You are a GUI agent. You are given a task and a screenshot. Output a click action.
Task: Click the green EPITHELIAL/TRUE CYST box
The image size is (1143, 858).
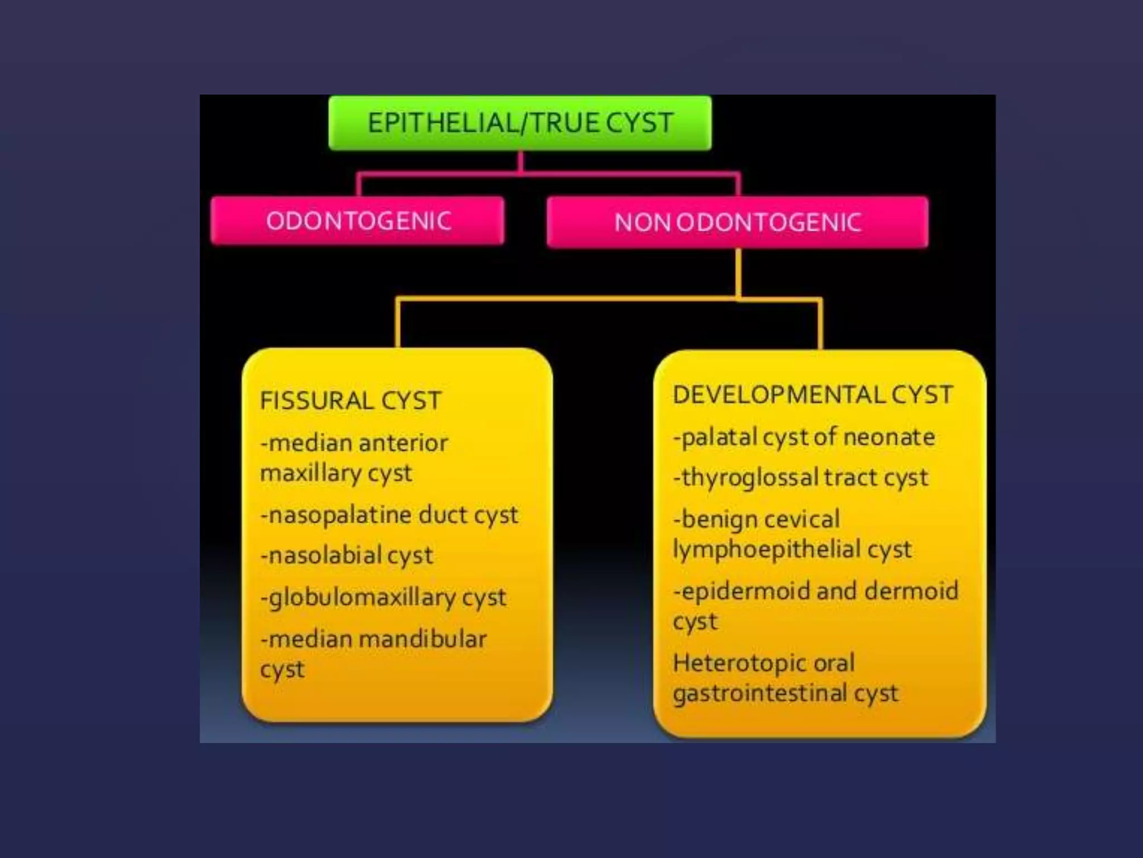520,123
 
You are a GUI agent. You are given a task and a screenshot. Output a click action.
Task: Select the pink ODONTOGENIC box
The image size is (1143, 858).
358,221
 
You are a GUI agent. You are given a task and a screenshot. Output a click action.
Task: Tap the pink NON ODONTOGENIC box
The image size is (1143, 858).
737,222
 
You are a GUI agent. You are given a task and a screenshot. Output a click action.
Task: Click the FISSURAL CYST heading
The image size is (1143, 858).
350,401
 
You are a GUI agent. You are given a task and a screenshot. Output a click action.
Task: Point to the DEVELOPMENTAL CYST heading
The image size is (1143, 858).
813,394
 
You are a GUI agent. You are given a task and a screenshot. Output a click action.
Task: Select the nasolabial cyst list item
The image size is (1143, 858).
347,555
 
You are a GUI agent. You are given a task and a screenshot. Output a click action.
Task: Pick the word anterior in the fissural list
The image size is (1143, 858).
404,443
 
